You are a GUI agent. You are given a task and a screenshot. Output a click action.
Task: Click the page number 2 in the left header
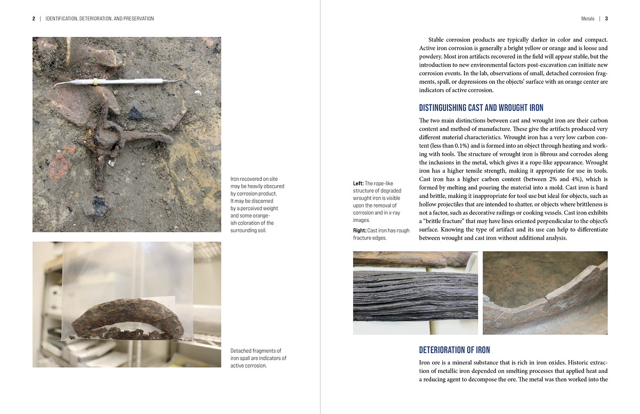[x=34, y=19]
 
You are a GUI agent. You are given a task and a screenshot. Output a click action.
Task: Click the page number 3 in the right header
[x=606, y=19]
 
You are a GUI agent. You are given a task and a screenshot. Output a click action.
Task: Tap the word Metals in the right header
[x=588, y=19]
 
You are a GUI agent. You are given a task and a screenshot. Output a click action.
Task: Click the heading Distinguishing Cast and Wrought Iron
[x=481, y=108]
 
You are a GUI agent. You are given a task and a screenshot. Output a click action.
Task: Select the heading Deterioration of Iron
[x=454, y=350]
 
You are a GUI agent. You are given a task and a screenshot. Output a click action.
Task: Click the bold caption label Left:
[x=358, y=184]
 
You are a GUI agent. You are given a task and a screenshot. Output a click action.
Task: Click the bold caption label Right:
[x=359, y=230]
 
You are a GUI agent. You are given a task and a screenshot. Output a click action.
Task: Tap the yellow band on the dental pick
[x=94, y=82]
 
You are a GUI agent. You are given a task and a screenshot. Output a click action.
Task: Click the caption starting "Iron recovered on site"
[x=257, y=204]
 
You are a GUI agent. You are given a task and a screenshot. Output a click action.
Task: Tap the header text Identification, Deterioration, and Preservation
[x=100, y=19]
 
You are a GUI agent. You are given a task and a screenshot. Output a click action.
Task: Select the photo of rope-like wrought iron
[x=415, y=293]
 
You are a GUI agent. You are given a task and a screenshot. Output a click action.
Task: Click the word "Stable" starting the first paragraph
[x=437, y=39]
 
